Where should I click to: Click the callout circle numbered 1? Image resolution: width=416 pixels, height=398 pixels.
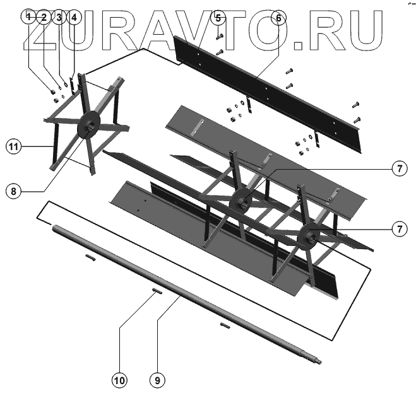pyautogui.click(x=28, y=17)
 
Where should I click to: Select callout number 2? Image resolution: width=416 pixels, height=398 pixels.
pyautogui.click(x=44, y=17)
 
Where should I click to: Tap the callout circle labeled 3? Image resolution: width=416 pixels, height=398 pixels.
pyautogui.click(x=59, y=17)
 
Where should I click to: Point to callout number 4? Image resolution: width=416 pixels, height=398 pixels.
pyautogui.click(x=74, y=17)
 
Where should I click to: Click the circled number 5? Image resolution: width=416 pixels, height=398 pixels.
pyautogui.click(x=218, y=17)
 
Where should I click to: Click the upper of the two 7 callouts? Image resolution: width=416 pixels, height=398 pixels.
pyautogui.click(x=398, y=168)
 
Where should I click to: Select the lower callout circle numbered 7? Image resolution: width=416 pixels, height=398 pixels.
pyautogui.click(x=398, y=229)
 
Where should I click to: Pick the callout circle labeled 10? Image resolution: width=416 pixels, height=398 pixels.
pyautogui.click(x=119, y=380)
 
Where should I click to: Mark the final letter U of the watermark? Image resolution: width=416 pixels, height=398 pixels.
pyautogui.click(x=362, y=30)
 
